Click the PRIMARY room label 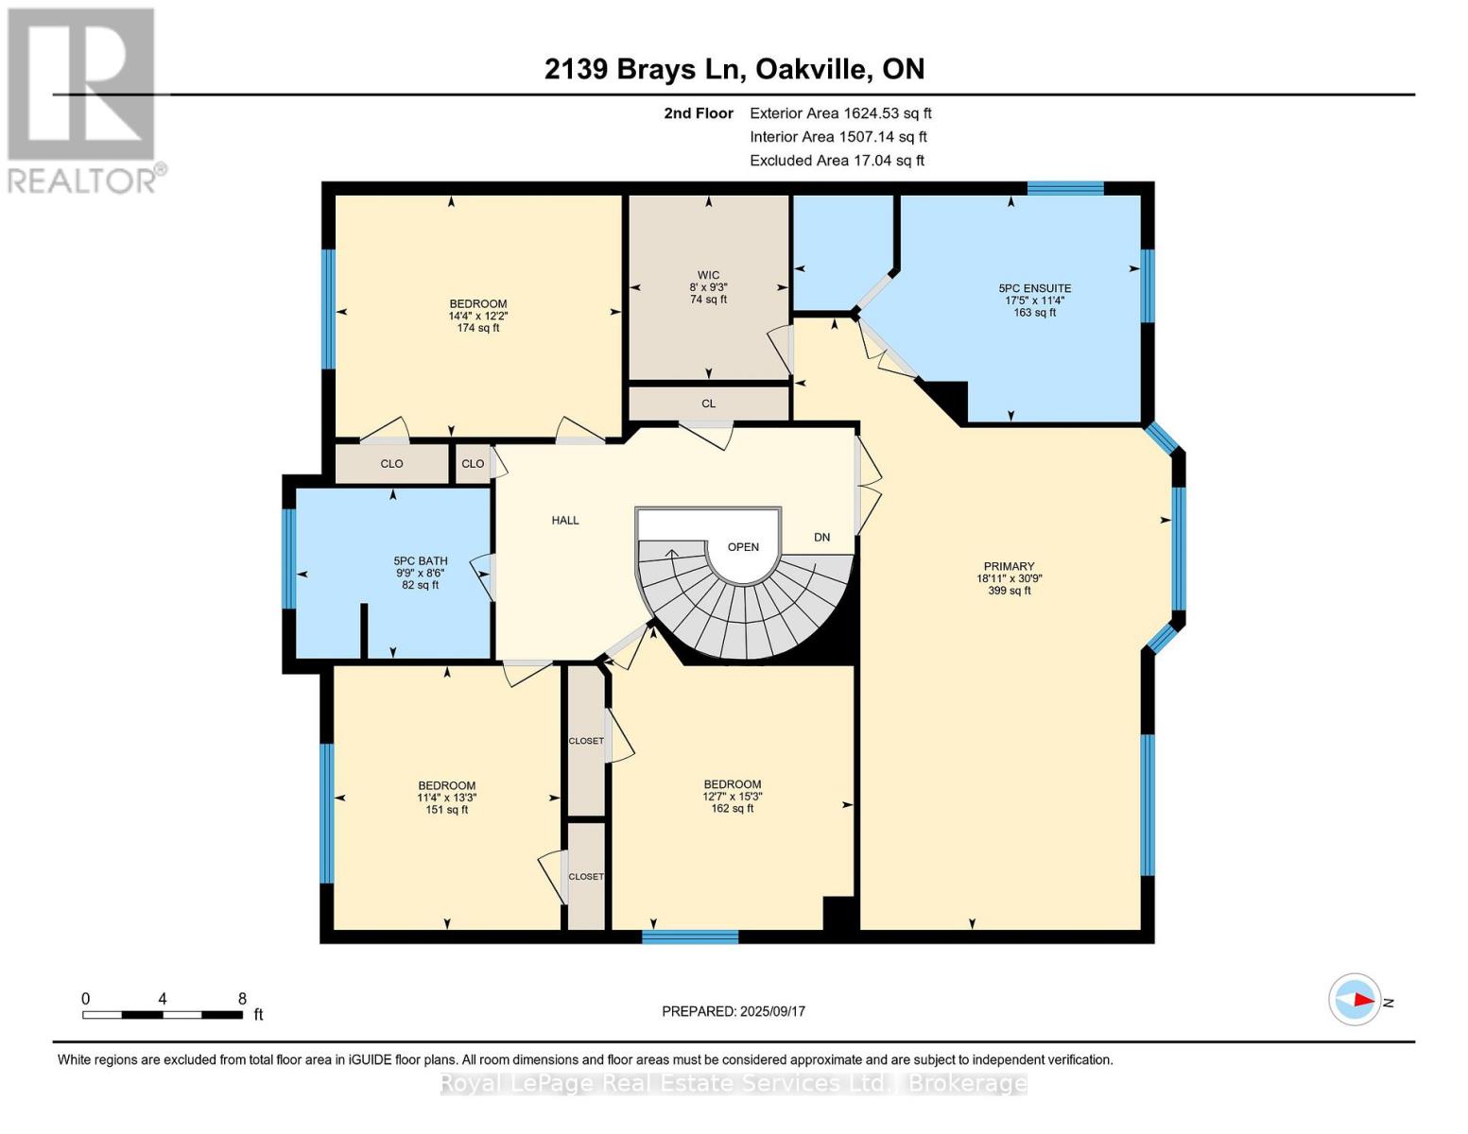(x=1009, y=566)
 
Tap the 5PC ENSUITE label (x=1034, y=288)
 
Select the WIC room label (x=708, y=275)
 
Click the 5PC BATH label (x=421, y=560)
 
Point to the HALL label (x=565, y=520)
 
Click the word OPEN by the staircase (x=743, y=546)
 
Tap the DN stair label (x=821, y=537)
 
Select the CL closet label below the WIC (x=708, y=404)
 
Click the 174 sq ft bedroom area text (x=478, y=328)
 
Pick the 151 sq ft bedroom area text (x=447, y=810)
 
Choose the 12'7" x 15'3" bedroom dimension (x=732, y=797)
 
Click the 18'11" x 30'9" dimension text (x=1009, y=578)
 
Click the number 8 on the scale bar (x=242, y=999)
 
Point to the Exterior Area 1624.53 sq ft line (x=840, y=112)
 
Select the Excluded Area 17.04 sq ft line (x=837, y=161)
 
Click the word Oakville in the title (x=812, y=69)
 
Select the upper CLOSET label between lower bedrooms (x=585, y=741)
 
